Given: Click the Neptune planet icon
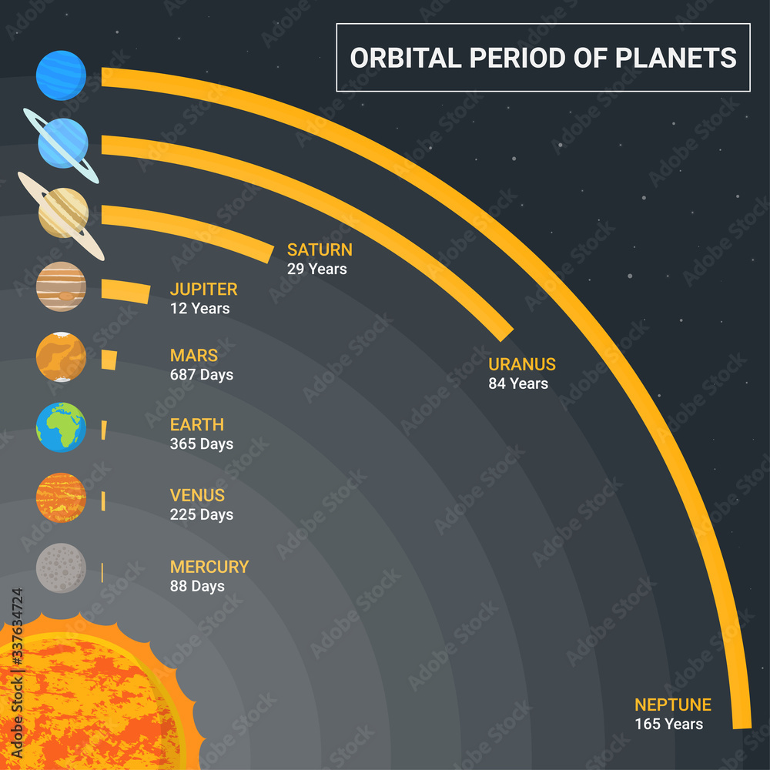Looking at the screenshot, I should pos(61,75).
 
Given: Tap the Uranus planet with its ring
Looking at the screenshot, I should pos(62,144).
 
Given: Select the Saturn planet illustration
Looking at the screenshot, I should pos(62,213).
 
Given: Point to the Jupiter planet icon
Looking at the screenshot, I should pos(61,286).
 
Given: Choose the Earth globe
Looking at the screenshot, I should pos(61,427).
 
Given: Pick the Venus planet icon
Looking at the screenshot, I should pos(61,497).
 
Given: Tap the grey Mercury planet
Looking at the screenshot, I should pos(61,568).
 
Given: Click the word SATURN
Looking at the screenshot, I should pos(320,249).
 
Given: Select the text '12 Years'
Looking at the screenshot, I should pos(199,309).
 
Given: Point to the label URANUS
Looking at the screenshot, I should pos(521,365).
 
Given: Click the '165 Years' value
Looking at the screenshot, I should pos(668,724).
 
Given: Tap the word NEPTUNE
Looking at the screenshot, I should pos(672,705).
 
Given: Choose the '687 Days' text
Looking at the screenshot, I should pos(201,375).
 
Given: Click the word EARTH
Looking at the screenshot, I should pos(196,424).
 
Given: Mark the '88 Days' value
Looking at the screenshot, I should pos(197,586).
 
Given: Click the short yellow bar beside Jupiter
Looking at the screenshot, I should pos(126,290).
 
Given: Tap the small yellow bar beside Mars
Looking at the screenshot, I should pos(109,360).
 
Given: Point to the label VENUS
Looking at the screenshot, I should pos(197,495).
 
